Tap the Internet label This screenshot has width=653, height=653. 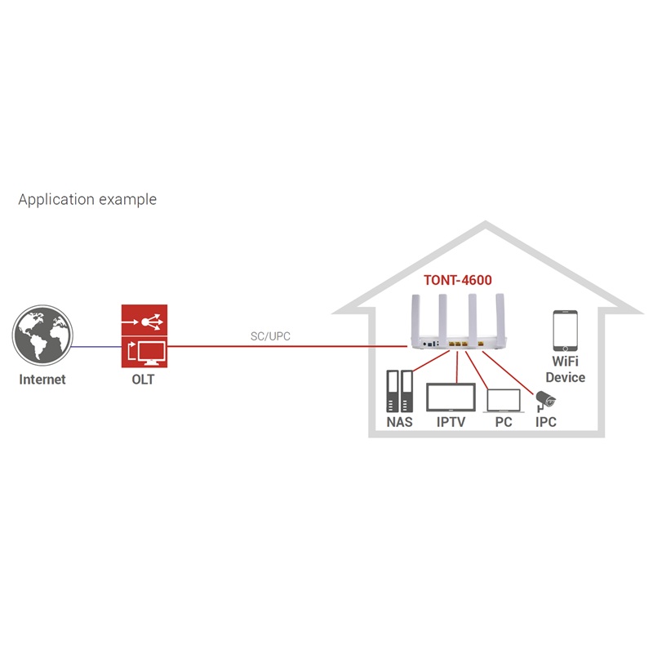coord(42,379)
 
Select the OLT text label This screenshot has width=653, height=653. coord(144,379)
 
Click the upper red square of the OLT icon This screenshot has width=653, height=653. coord(144,321)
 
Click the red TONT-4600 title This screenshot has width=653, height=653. coord(457,280)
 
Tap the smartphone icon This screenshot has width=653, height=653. coord(565,330)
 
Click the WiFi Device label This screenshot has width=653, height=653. coord(565,370)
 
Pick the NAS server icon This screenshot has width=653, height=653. coord(399,392)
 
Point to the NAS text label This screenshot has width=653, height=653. coord(399,422)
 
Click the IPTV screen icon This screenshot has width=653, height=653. coord(451,397)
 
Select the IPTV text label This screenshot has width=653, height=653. coord(451,422)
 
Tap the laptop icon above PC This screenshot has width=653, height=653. coord(504,399)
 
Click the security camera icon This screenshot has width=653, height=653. coord(544,400)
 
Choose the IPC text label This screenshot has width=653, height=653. coord(545,422)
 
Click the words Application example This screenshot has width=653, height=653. coord(87,199)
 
